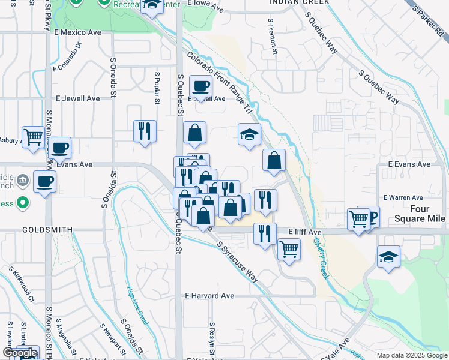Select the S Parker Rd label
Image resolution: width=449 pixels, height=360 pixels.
(x=427, y=20)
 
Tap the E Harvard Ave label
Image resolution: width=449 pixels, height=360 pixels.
(x=209, y=296)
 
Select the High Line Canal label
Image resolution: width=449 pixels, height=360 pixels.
(x=137, y=307)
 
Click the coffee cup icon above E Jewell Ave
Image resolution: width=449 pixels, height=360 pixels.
(x=200, y=86)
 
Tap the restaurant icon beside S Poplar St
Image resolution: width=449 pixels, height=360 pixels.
(x=145, y=131)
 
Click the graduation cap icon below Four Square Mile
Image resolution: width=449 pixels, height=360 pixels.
(x=388, y=257)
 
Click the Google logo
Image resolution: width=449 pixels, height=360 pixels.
(x=20, y=353)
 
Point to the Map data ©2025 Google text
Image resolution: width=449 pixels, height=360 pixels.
(x=411, y=355)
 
